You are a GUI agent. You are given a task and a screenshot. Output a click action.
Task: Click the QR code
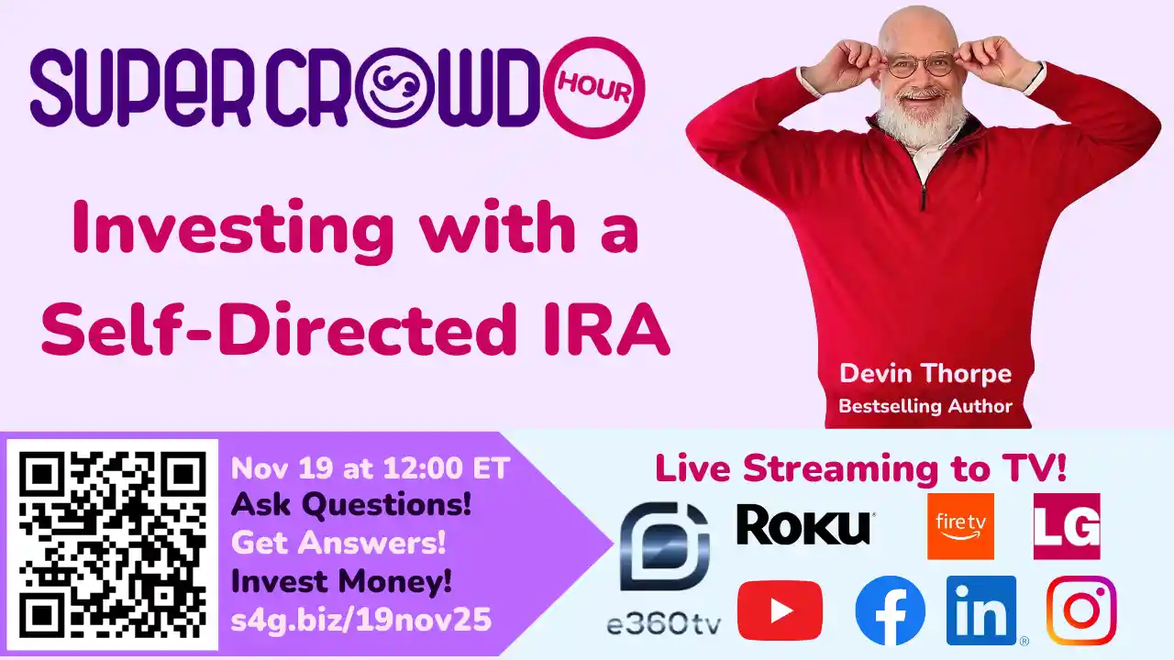coord(113,544)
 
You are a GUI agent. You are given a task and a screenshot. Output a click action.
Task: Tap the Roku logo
coord(804,526)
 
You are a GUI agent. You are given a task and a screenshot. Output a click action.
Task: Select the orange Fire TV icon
coord(960,525)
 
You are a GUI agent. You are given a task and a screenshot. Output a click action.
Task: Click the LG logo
coord(1066,526)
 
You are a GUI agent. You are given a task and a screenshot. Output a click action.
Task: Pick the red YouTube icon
coord(780,610)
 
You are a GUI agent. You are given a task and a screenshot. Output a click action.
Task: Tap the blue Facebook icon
coord(890,610)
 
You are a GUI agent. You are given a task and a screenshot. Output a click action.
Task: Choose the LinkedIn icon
coord(981,610)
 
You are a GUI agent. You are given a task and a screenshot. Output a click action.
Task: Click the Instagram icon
coord(1081,610)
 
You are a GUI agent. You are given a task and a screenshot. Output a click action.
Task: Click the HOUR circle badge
coord(601,88)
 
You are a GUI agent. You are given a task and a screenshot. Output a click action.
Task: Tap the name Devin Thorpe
coord(925,374)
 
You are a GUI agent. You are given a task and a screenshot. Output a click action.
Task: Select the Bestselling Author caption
coord(925,405)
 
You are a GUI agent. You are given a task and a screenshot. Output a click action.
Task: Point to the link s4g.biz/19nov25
coord(361,621)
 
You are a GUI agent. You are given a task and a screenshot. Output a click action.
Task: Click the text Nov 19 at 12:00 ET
coord(370,468)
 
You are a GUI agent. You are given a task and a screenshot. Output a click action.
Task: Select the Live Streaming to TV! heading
coord(860,468)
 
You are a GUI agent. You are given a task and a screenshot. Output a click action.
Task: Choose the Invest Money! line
coord(341,581)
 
